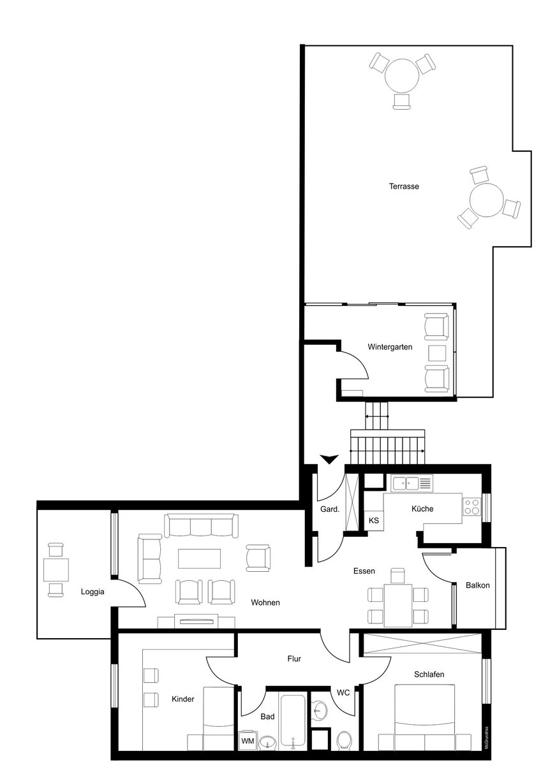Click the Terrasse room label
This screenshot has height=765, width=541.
tap(404, 186)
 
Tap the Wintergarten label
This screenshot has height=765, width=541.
tap(390, 347)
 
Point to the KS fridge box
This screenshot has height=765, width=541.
tap(374, 520)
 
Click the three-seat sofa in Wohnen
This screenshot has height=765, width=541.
tap(202, 525)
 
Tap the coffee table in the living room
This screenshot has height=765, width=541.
tap(199, 558)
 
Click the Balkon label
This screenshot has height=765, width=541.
tap(477, 585)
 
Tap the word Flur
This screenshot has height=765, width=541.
tap(294, 659)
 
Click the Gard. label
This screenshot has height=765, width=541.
tap(330, 509)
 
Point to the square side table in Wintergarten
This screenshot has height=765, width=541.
tap(437, 353)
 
